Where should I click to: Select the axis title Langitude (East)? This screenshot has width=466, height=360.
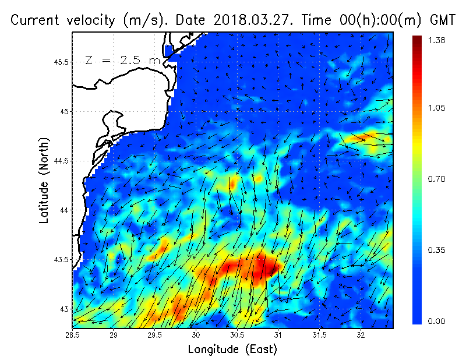tap(232, 350)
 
